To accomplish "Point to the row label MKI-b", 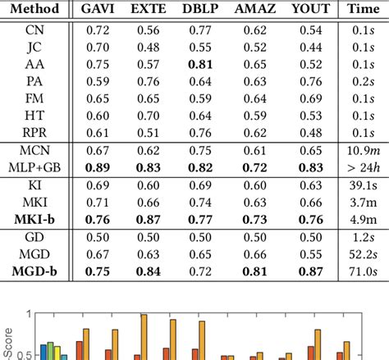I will point(39,219).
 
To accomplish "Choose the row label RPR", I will point(39,132).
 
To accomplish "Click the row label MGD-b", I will point(39,271).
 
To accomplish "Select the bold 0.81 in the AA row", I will point(200,63).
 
